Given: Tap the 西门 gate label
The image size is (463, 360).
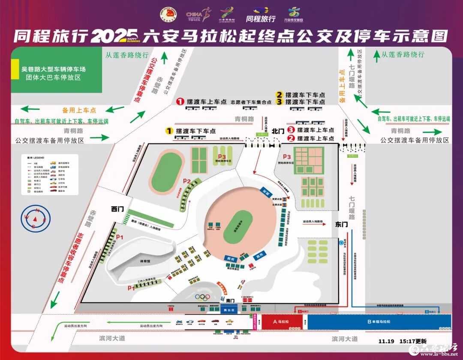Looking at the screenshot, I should click(117, 209).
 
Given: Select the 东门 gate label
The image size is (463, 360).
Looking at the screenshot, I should click(342, 224).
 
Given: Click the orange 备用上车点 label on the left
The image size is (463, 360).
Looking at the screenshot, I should click(79, 110).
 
